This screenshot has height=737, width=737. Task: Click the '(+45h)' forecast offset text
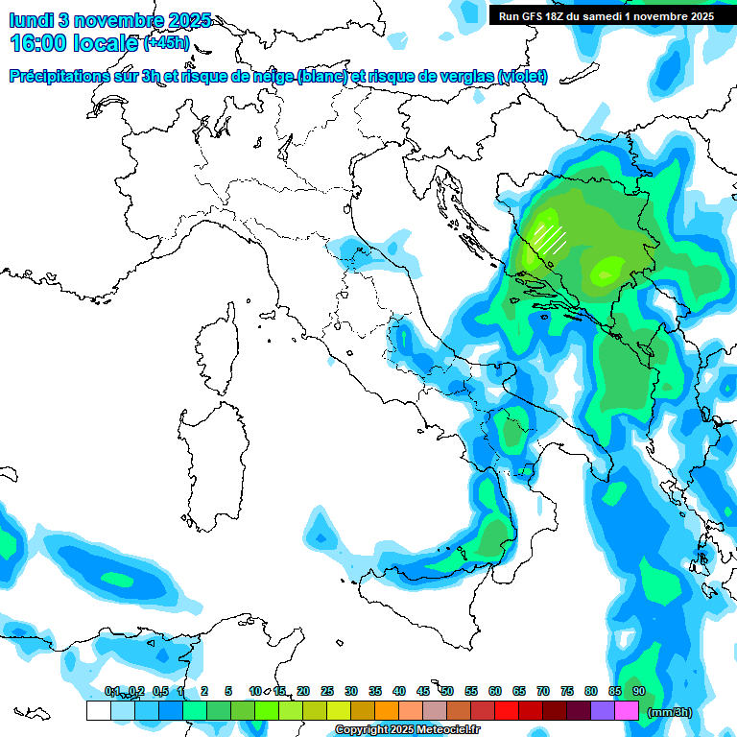166,43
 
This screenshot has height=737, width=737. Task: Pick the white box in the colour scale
98,711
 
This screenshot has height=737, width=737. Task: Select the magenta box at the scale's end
627,711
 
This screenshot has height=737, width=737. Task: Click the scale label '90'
638,692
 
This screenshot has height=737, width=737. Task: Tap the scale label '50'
447,692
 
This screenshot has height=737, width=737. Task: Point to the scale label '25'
327,692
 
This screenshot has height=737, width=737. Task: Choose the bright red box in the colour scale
507,711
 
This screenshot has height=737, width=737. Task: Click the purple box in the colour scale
603,711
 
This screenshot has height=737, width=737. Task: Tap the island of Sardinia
205,461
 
